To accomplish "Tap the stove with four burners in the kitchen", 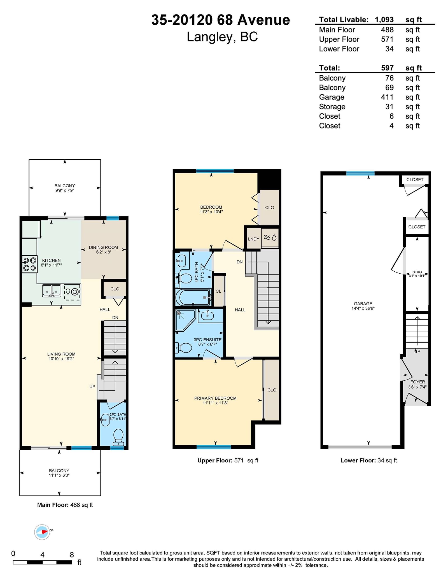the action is tap(30, 264).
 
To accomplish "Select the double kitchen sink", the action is tap(52, 291).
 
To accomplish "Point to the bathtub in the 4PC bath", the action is tap(193, 297).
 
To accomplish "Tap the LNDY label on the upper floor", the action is tap(254, 239).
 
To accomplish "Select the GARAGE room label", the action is tap(363, 304).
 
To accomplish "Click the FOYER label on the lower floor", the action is tap(417, 382).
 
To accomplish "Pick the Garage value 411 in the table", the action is tap(387, 97).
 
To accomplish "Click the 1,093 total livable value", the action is tap(384, 20).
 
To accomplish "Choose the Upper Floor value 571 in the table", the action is tap(387, 39).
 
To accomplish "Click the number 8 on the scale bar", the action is tap(72, 555).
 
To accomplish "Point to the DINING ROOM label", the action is tap(103, 247).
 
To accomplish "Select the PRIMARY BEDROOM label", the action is tap(215, 398).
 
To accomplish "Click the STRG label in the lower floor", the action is tap(417, 272).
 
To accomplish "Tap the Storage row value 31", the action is tap(389, 107).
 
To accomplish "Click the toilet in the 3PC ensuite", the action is tap(183, 348).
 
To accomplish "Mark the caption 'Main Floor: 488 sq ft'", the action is tap(65, 505).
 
